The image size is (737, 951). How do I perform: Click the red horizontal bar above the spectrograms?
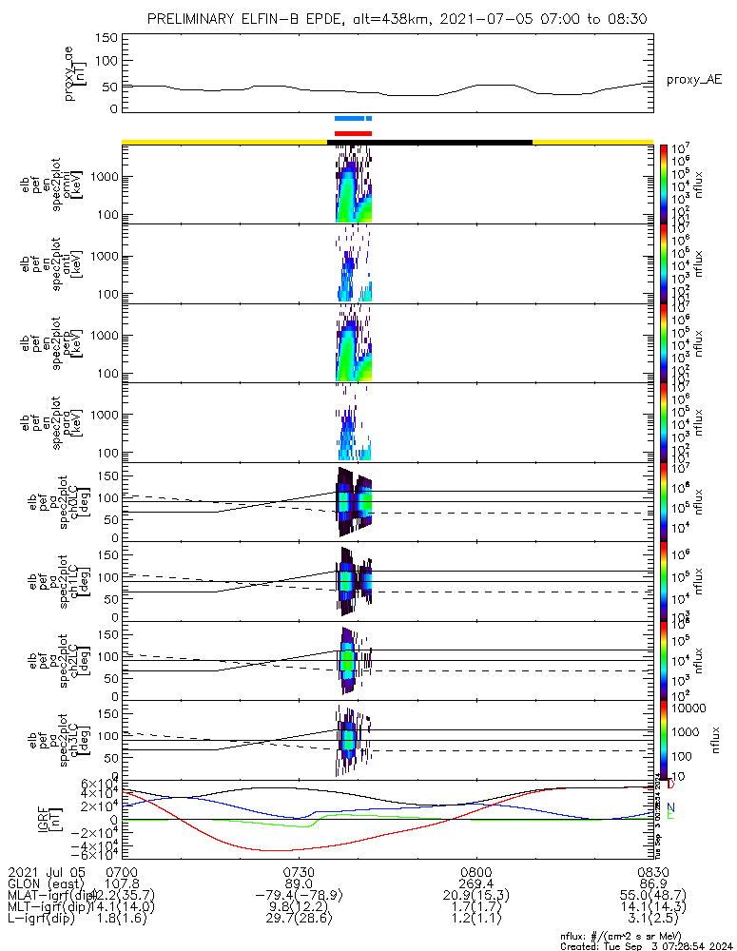pos(353,133)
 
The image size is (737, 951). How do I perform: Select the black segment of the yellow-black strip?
pos(429,142)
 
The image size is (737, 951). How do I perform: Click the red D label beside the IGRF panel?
pos(670,786)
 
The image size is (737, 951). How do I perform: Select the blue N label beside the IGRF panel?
pos(670,806)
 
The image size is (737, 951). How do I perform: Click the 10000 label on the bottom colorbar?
pos(691,708)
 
